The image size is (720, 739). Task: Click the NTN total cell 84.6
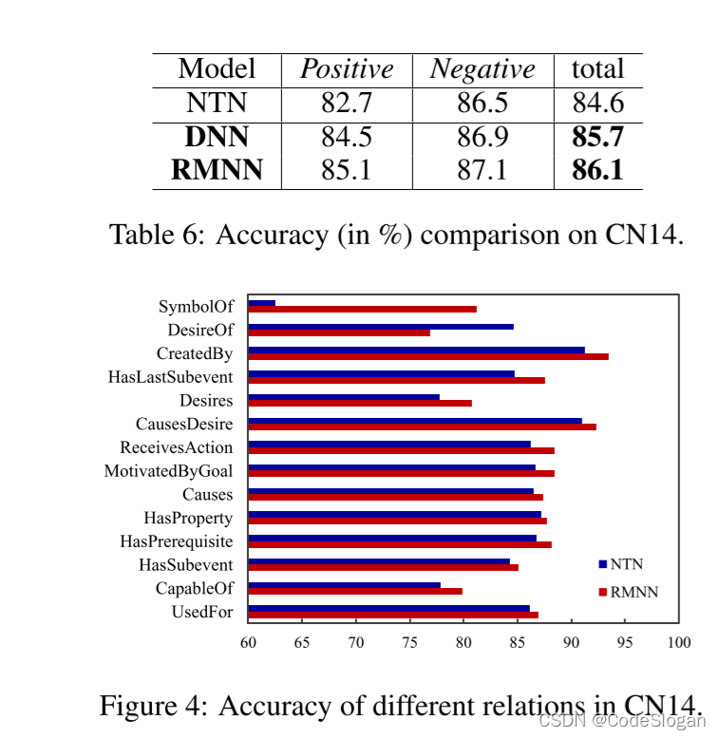click(597, 104)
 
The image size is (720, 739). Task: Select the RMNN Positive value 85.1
click(346, 172)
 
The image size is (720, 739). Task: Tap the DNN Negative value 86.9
click(483, 138)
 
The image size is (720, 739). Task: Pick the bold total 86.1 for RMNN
click(597, 172)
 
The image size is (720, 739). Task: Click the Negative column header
click(483, 69)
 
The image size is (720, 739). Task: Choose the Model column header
click(217, 69)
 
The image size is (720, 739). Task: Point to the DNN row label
click(217, 138)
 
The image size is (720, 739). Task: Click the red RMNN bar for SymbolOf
click(362, 309)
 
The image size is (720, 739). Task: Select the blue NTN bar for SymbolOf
click(261, 303)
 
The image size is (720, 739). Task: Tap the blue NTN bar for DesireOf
click(380, 327)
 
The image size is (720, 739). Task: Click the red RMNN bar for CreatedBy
click(427, 356)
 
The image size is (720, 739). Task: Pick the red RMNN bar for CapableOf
click(354, 591)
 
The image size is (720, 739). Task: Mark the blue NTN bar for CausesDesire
click(414, 420)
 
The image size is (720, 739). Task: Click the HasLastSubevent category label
click(170, 377)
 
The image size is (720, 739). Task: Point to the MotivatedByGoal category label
click(168, 471)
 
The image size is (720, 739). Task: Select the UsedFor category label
click(201, 613)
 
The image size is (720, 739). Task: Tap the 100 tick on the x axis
click(678, 642)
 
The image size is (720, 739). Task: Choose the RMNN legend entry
click(628, 592)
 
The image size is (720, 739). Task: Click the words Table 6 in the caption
click(153, 234)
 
